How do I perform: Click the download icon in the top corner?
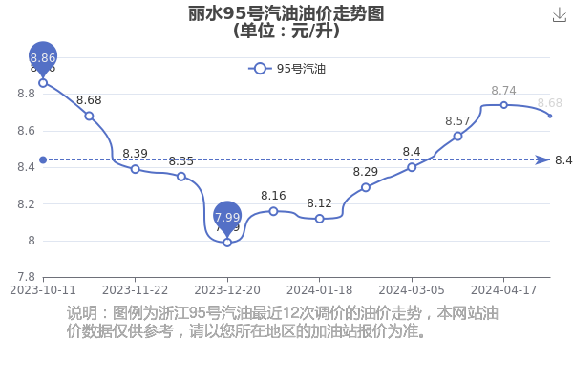[x=560, y=15]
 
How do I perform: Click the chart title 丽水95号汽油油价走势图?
[x=286, y=14]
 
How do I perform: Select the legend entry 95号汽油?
[x=286, y=69]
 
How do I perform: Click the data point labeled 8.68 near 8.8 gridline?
[x=89, y=117]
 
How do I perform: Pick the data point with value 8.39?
[x=136, y=169]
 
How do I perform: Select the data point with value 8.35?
[x=181, y=177]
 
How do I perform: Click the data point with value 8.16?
[x=273, y=211]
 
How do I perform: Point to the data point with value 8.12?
[x=319, y=219]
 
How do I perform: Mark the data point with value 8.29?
[x=366, y=187]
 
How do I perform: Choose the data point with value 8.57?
[x=457, y=137]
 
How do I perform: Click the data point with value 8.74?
[x=504, y=105]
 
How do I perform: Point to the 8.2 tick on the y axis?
[x=27, y=204]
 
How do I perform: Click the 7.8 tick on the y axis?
[x=27, y=277]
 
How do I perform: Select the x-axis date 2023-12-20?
[x=227, y=290]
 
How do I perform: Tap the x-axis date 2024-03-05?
[x=412, y=290]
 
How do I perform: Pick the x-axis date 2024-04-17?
[x=503, y=290]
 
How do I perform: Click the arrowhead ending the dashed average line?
[x=542, y=160]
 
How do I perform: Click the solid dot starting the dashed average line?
[x=43, y=160]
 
